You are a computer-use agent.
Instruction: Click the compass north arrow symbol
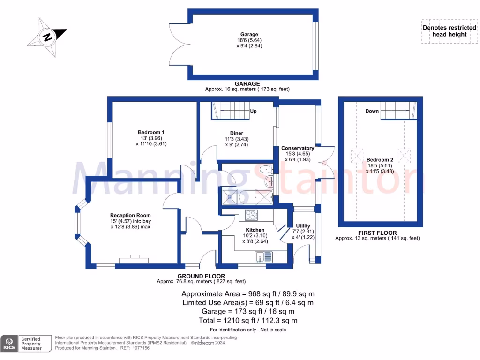click(47, 37)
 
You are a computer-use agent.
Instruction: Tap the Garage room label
click(249, 34)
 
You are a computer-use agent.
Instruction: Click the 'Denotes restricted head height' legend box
click(449, 31)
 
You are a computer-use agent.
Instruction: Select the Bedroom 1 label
click(151, 132)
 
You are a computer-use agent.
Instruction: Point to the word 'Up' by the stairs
click(253, 112)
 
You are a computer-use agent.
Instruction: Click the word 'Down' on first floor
click(372, 111)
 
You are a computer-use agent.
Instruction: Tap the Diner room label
click(236, 133)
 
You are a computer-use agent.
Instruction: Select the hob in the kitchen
click(251, 216)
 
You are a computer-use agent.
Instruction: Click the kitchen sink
click(263, 257)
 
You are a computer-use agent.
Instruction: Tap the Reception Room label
click(130, 215)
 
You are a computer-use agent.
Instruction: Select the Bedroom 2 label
click(380, 160)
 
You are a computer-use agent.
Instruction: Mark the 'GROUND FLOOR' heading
click(201, 276)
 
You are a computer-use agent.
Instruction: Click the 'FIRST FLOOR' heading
click(377, 232)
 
